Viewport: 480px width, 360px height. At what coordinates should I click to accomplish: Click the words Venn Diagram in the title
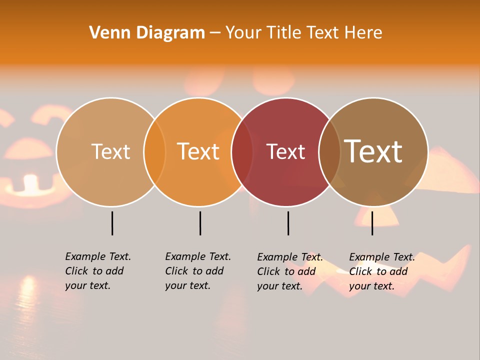147,33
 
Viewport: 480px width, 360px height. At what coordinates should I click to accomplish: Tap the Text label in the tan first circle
110,151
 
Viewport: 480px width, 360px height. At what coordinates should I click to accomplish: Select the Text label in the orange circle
198,151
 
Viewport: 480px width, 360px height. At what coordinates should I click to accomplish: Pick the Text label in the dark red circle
285,151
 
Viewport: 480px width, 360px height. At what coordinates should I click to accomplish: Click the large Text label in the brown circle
373,151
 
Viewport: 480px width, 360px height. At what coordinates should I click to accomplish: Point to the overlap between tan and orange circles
154,152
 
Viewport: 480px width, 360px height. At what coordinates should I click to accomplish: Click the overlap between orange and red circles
242,152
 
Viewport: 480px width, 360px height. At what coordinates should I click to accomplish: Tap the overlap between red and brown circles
329,152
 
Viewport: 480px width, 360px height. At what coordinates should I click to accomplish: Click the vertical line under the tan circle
112,223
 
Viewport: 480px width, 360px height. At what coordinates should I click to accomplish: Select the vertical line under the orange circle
200,223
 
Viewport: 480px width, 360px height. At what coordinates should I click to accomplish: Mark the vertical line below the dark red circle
288,223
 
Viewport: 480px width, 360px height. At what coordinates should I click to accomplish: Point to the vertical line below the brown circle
372,223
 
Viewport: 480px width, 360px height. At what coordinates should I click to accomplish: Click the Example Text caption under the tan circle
98,271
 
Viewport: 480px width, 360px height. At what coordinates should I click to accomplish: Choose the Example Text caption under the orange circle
198,271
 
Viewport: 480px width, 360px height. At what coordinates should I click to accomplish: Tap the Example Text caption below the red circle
290,271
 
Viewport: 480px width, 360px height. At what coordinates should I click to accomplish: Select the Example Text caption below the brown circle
382,271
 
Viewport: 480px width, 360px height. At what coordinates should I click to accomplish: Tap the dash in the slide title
215,33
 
